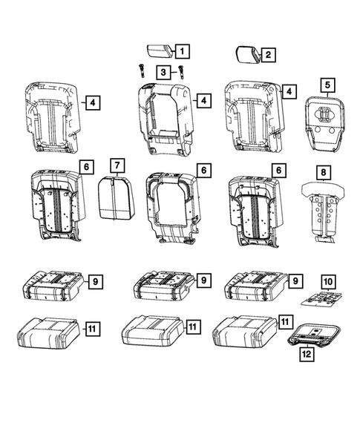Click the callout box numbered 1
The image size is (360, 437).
point(182,51)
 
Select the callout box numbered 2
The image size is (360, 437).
point(268,54)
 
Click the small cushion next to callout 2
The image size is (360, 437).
point(246,55)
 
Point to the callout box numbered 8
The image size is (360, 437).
point(324,174)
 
